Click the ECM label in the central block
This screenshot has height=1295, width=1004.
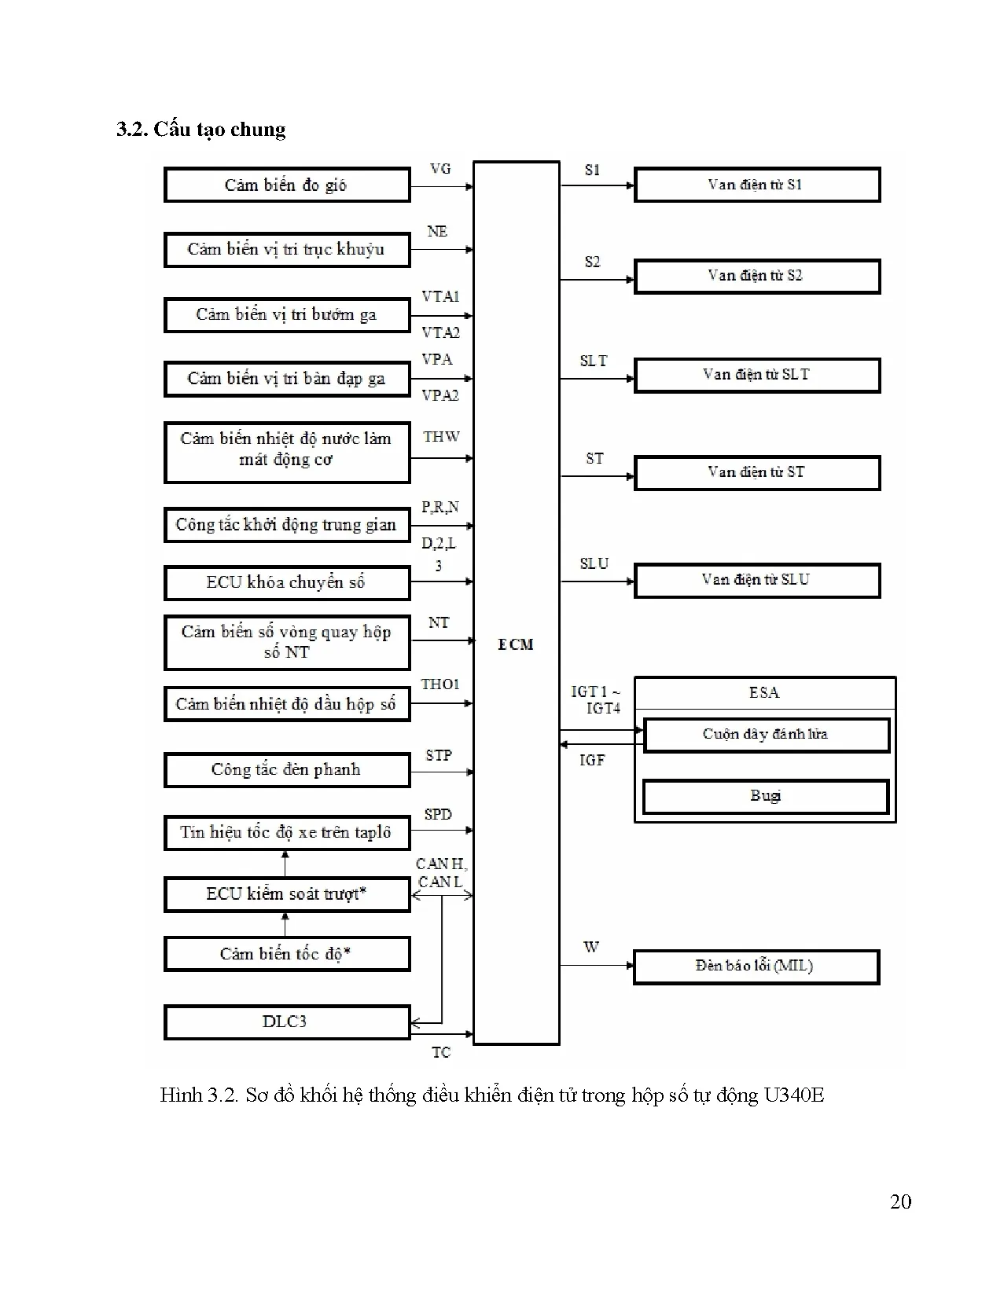[x=516, y=644]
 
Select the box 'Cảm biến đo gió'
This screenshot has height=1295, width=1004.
[x=286, y=185]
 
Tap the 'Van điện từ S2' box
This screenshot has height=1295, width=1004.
[x=756, y=276]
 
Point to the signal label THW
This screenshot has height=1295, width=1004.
[x=441, y=437]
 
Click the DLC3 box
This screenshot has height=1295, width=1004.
[x=286, y=1022]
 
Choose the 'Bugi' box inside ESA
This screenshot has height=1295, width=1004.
[x=765, y=796]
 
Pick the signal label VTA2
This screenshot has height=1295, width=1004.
[x=440, y=332]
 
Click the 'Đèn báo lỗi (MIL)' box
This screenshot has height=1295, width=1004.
[x=755, y=966]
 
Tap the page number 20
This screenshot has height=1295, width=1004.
[x=900, y=1201]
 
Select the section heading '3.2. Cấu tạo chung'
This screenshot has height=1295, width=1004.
[x=201, y=130]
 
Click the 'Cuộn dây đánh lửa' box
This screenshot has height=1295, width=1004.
[x=765, y=734]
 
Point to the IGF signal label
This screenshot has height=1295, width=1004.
[x=592, y=760]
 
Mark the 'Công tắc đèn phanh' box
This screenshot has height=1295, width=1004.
[x=286, y=770]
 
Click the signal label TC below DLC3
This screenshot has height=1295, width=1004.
[x=441, y=1052]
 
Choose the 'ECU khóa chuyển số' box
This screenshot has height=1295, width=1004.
[x=286, y=583]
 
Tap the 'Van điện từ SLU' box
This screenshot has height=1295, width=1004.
[x=756, y=580]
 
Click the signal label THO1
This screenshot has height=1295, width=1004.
[x=440, y=684]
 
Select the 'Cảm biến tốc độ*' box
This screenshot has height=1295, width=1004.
[x=286, y=954]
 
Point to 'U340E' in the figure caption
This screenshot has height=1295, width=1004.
[x=794, y=1095]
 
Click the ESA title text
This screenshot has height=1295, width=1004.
[x=763, y=692]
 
